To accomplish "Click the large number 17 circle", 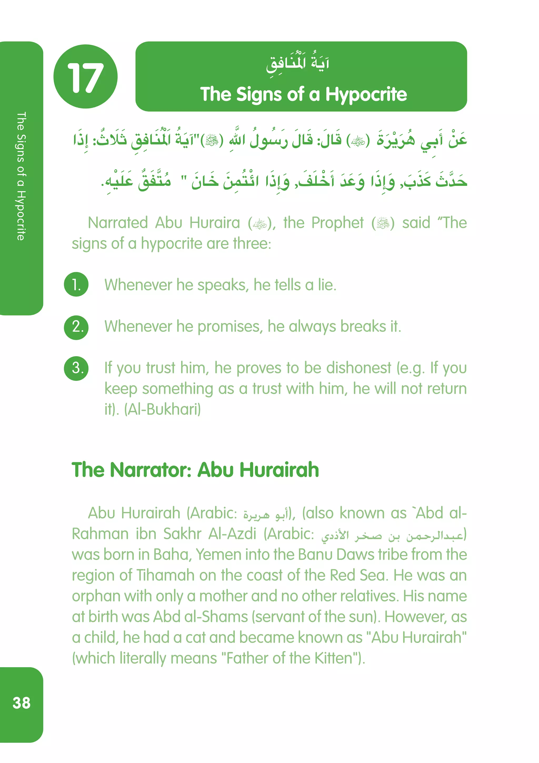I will pyautogui.click(x=85, y=76).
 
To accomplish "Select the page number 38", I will pyautogui.click(x=22, y=703).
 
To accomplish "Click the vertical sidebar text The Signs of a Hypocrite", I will pyautogui.click(x=21, y=176).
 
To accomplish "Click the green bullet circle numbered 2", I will pyautogui.click(x=76, y=327).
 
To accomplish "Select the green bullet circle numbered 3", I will pyautogui.click(x=76, y=368).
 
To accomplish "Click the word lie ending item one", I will pyautogui.click(x=326, y=285).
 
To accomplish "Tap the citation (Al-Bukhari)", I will pyautogui.click(x=162, y=409).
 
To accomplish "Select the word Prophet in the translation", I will pyautogui.click(x=337, y=223).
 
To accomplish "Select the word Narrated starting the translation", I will pyautogui.click(x=118, y=223).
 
